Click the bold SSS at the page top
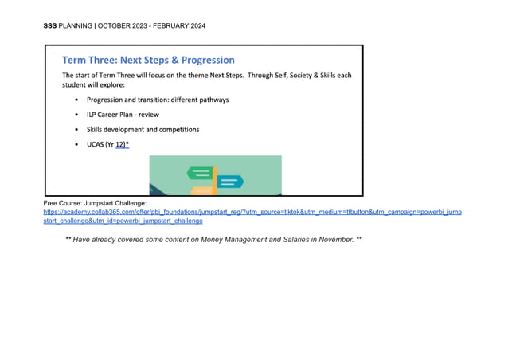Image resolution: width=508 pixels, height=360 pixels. click(x=50, y=26)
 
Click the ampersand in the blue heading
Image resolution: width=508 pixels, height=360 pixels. click(x=173, y=60)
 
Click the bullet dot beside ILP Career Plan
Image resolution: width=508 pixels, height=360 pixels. click(x=76, y=115)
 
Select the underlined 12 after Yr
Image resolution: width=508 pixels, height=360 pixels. click(x=120, y=143)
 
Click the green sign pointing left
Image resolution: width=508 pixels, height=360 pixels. click(x=199, y=172)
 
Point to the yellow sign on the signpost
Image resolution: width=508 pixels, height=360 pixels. click(x=202, y=191)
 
